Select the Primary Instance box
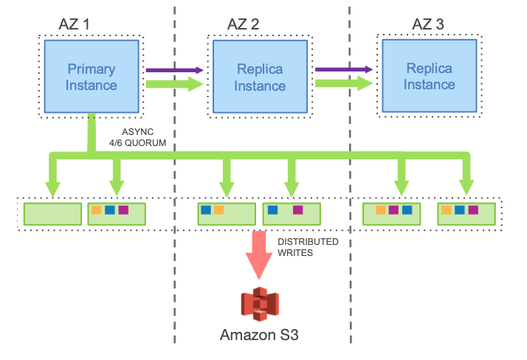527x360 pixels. point(92,77)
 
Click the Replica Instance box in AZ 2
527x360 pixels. point(261,77)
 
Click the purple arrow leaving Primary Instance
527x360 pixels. point(173,70)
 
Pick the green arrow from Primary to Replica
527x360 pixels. point(173,84)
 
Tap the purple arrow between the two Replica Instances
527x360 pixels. point(342,70)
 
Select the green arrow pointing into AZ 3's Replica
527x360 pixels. point(342,84)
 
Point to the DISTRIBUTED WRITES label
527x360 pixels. point(308,247)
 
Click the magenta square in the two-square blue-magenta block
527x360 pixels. point(297,210)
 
